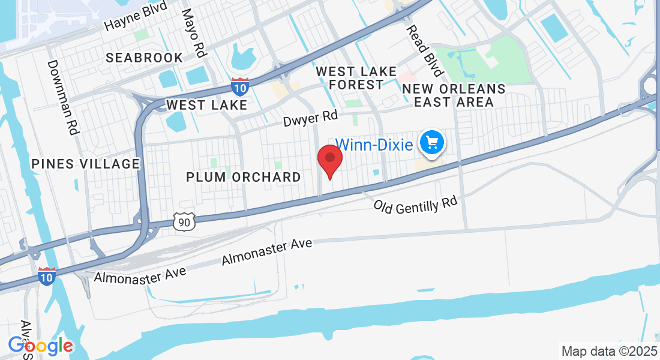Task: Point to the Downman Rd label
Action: tap(63, 96)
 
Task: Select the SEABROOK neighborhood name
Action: tap(145, 58)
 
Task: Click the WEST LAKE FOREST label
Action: tap(356, 78)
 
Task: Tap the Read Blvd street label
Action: tap(424, 51)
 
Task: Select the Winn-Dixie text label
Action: tap(374, 145)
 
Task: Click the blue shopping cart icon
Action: tap(431, 142)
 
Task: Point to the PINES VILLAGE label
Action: tap(85, 164)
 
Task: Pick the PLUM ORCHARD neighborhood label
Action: tap(243, 177)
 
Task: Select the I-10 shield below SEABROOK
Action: tap(240, 87)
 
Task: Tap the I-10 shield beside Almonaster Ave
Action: tap(47, 275)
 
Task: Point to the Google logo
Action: tap(40, 346)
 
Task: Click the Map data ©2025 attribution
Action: tap(608, 351)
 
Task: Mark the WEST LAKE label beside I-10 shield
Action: tap(206, 105)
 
